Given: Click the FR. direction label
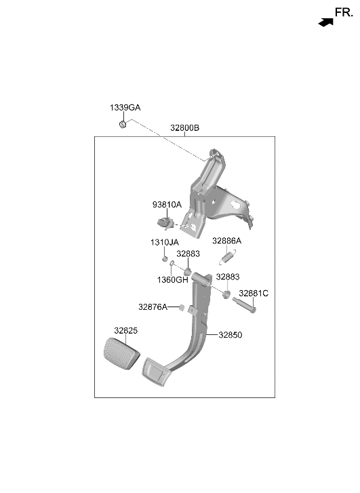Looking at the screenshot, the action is [x=344, y=13].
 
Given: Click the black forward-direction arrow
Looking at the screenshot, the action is [x=325, y=22].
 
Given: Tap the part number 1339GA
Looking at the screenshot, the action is [x=125, y=108].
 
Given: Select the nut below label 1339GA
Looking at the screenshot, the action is [x=123, y=124].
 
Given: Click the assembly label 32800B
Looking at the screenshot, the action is [x=184, y=128].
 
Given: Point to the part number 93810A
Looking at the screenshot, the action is [x=167, y=205].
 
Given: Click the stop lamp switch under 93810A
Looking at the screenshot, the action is [x=165, y=223].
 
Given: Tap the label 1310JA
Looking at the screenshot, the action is [x=165, y=242].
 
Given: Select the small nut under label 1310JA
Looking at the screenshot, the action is [x=165, y=259].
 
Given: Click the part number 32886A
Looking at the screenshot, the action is [x=226, y=241].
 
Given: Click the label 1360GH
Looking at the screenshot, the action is [x=173, y=280].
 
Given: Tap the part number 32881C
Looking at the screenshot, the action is [x=254, y=294].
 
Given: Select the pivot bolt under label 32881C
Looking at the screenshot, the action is [x=244, y=305].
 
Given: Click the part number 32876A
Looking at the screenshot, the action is [x=153, y=307].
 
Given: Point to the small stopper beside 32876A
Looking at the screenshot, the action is [x=182, y=307].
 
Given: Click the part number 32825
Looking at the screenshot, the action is [x=126, y=330].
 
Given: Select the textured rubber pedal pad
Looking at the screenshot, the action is [x=121, y=353].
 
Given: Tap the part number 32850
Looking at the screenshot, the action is [x=231, y=335].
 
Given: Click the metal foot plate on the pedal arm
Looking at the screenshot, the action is [x=157, y=372].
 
